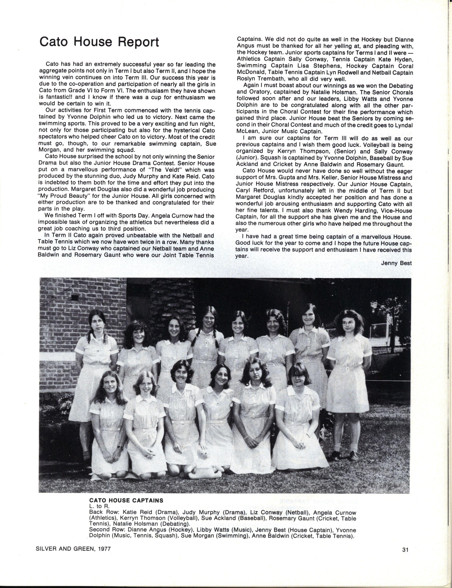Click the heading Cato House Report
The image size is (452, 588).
coord(99,42)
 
